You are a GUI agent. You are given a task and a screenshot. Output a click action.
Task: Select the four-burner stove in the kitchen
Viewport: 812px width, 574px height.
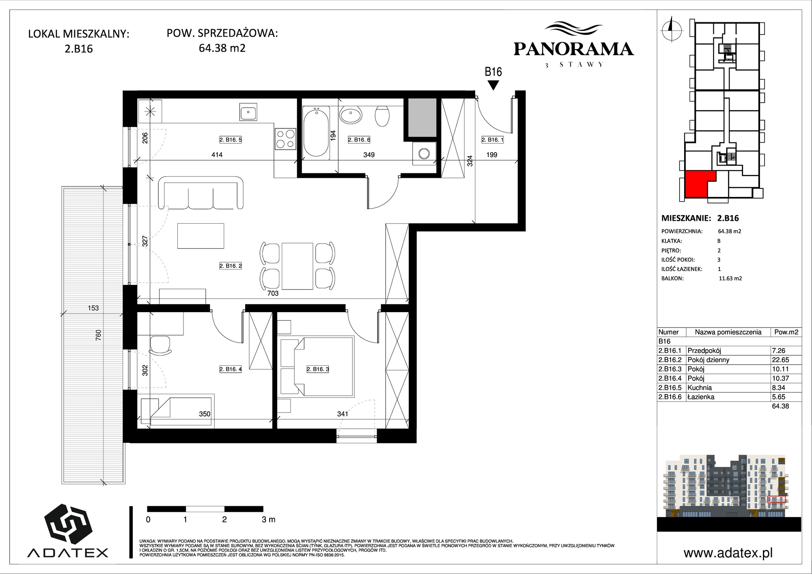(x=285, y=138)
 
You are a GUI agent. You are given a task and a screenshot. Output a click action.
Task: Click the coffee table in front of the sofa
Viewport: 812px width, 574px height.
(x=201, y=236)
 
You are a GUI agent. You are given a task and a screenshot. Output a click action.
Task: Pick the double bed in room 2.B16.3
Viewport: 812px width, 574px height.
(x=317, y=367)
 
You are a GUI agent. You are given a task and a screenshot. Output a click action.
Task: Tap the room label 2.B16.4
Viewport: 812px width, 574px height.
(x=231, y=369)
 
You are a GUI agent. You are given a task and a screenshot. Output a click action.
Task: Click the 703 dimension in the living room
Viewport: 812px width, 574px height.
(x=273, y=293)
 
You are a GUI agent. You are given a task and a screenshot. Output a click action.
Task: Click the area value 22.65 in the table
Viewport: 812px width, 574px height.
(x=780, y=360)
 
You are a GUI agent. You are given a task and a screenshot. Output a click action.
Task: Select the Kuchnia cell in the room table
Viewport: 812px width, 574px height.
(x=700, y=388)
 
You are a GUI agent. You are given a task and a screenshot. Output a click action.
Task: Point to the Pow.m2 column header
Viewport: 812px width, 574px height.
(x=786, y=332)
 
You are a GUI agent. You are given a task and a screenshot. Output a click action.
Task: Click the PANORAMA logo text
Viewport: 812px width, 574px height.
(x=574, y=49)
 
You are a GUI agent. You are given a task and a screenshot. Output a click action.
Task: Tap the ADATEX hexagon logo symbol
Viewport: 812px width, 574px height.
(x=68, y=524)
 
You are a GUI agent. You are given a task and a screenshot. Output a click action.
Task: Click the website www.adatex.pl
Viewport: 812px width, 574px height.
(x=728, y=553)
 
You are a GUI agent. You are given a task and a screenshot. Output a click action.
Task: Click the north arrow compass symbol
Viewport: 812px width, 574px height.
(x=671, y=29)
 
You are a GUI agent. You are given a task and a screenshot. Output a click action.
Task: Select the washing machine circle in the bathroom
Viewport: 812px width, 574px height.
(x=424, y=153)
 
